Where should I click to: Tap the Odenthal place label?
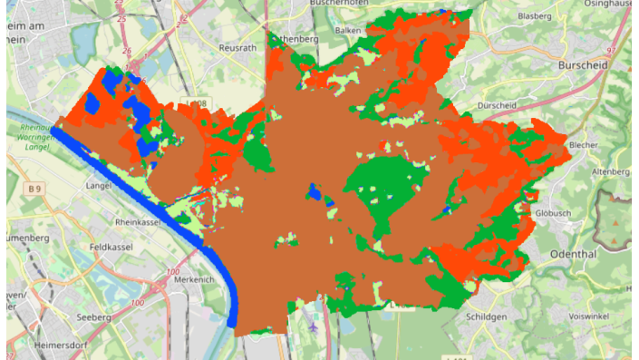click(572, 255)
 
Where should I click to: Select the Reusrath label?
click(239, 47)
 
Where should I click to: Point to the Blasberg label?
click(534, 16)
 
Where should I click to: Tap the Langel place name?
click(98, 185)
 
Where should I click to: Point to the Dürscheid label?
click(496, 106)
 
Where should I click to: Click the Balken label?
click(347, 30)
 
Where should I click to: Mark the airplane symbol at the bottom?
click(313, 325)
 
